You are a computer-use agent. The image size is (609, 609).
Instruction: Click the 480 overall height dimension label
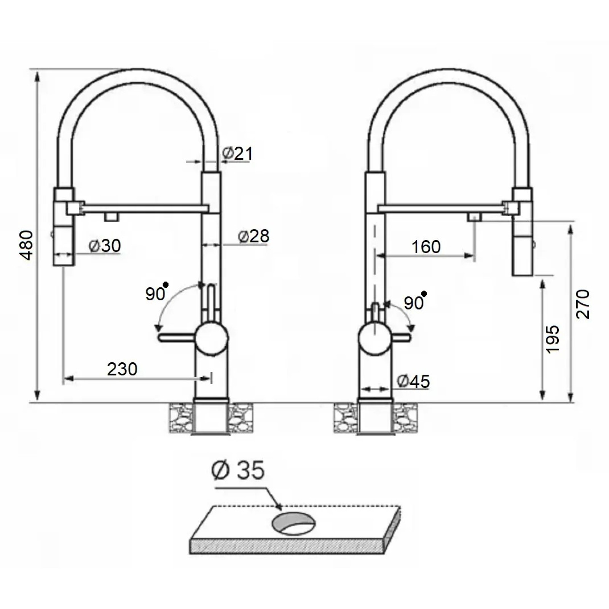(x=27, y=245)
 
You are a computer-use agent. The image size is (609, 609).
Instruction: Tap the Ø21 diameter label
(x=238, y=153)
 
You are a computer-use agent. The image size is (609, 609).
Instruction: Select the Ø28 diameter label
(x=253, y=236)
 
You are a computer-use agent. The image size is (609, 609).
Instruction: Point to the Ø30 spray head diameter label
(x=105, y=246)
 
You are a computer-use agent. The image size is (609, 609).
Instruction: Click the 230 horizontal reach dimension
(x=122, y=369)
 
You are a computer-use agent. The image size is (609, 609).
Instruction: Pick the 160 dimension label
(x=426, y=247)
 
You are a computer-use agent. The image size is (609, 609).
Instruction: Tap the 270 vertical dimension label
(x=583, y=304)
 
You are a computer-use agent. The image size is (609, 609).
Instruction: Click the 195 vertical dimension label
(x=553, y=339)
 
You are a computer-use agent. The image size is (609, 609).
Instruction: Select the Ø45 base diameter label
(x=413, y=381)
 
